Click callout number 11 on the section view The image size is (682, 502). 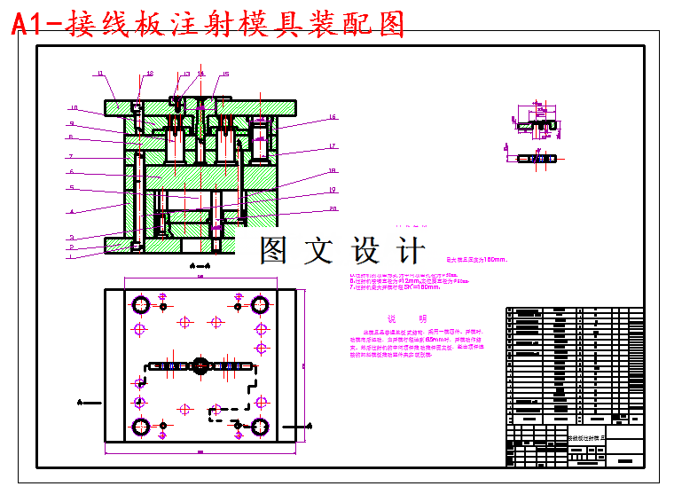pyautogui.click(x=100, y=74)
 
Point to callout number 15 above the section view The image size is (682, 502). pyautogui.click(x=226, y=75)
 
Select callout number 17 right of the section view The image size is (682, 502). pyautogui.click(x=332, y=146)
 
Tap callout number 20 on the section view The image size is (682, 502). pyautogui.click(x=333, y=209)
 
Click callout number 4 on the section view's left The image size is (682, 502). pyautogui.click(x=70, y=212)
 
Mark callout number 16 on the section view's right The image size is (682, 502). pyautogui.click(x=332, y=117)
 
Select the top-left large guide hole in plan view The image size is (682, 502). pyautogui.click(x=141, y=306)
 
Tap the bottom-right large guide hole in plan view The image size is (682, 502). pyautogui.click(x=260, y=427)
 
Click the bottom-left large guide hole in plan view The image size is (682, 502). pyautogui.click(x=141, y=427)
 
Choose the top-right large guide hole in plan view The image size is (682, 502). pyautogui.click(x=260, y=306)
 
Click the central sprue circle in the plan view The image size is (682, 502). pyautogui.click(x=200, y=365)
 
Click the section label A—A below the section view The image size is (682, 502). pyautogui.click(x=200, y=265)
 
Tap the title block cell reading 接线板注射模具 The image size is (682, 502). pyautogui.click(x=585, y=438)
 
